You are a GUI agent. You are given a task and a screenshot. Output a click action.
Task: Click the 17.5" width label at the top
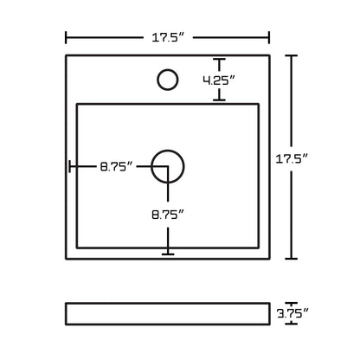click(x=169, y=36)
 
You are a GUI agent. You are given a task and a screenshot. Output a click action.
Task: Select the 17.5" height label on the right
click(x=317, y=157)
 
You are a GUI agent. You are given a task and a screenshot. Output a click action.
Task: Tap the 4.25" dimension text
click(x=219, y=80)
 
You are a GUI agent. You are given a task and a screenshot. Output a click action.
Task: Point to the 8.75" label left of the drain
click(x=116, y=166)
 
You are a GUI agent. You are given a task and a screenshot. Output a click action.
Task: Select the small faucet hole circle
click(x=167, y=80)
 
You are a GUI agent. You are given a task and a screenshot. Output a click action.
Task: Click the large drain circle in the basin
click(x=168, y=166)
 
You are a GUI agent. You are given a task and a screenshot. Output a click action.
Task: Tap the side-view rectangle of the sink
click(x=168, y=312)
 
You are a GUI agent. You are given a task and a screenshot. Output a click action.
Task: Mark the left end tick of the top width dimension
click(x=67, y=37)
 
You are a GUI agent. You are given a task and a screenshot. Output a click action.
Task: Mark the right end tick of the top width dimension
click(x=269, y=37)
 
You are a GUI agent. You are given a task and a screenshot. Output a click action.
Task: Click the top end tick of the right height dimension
click(x=292, y=55)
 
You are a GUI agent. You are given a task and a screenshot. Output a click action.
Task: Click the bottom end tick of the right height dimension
click(x=292, y=259)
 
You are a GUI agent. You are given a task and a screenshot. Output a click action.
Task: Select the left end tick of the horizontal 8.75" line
click(x=71, y=166)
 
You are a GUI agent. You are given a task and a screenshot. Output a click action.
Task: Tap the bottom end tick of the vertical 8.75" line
click(x=168, y=254)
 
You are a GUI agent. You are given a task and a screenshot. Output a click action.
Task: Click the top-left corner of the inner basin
click(x=78, y=104)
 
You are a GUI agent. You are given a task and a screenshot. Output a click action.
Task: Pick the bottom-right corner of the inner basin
click(x=259, y=245)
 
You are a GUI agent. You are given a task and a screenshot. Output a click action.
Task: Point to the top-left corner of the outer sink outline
click(x=67, y=55)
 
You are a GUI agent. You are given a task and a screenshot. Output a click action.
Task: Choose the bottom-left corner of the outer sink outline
click(x=67, y=259)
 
